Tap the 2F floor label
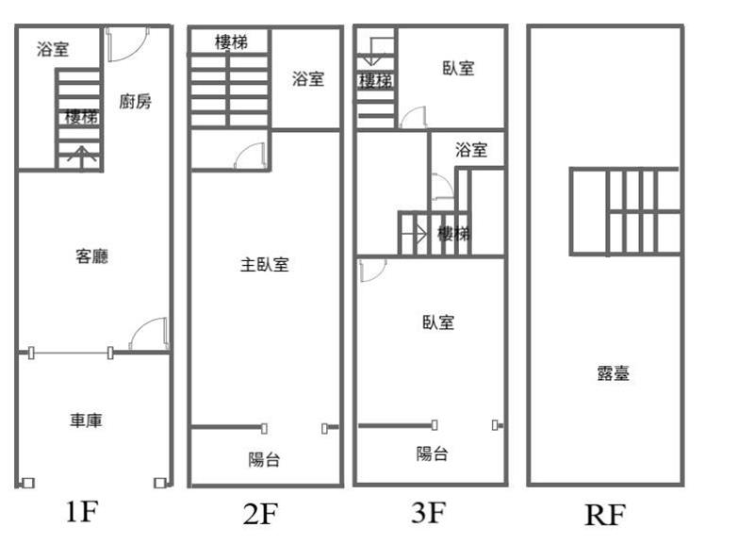click(x=260, y=514)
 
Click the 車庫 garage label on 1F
click(x=86, y=420)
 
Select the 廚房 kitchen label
click(x=136, y=101)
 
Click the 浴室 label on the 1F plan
click(x=53, y=50)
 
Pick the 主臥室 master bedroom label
click(x=264, y=265)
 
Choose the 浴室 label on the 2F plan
click(x=308, y=79)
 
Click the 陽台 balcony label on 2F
click(x=264, y=459)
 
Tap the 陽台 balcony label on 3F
click(x=432, y=453)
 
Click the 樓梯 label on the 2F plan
click(x=231, y=41)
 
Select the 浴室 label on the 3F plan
click(x=470, y=149)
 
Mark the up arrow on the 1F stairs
click(x=83, y=156)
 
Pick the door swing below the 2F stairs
click(x=252, y=155)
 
